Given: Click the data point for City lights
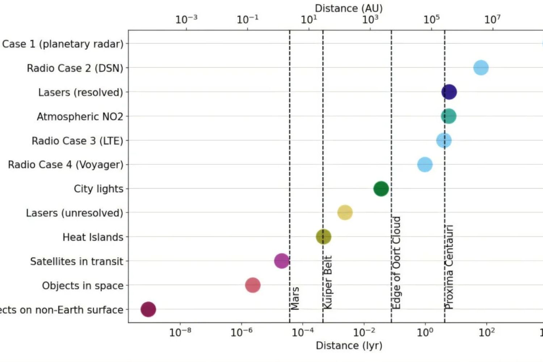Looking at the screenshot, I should (381, 189).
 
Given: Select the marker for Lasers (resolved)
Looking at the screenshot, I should (449, 92).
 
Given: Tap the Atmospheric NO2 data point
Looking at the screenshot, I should (449, 116).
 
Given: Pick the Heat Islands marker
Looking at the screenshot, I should (323, 237).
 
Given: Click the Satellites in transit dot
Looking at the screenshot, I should (282, 261).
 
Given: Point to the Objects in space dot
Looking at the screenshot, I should (253, 285).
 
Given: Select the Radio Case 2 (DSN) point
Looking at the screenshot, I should (481, 68).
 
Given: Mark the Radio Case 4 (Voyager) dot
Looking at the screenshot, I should (425, 164).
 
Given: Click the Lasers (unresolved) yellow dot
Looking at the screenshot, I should (345, 212).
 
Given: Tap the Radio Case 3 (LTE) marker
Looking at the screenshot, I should (444, 140).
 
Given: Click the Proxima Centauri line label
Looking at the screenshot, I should (449, 267).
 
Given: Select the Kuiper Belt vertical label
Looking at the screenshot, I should (328, 282).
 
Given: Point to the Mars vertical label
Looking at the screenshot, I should (295, 298).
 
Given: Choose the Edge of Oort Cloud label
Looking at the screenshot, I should (397, 263).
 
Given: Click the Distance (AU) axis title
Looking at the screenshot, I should (349, 8).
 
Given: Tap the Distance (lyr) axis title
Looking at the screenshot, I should (349, 345).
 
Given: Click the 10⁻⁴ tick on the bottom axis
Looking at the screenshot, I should (303, 332).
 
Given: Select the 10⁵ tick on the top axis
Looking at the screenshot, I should (432, 19).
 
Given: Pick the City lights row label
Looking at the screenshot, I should (98, 189).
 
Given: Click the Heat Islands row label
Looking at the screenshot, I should (93, 237).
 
